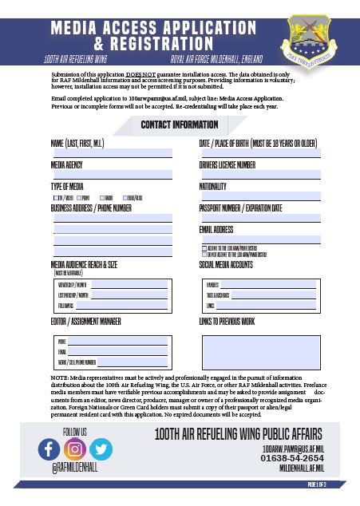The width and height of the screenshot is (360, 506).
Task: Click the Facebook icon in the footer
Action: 49,449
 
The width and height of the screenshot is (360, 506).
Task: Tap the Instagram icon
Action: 75,449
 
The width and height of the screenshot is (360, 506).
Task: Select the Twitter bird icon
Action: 101,449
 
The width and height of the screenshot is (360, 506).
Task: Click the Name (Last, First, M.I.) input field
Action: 112,152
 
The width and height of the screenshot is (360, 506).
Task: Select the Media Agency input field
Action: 112,174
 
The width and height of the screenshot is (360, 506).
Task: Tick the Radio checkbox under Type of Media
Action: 101,196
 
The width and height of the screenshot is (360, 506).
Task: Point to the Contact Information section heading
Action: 179,125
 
